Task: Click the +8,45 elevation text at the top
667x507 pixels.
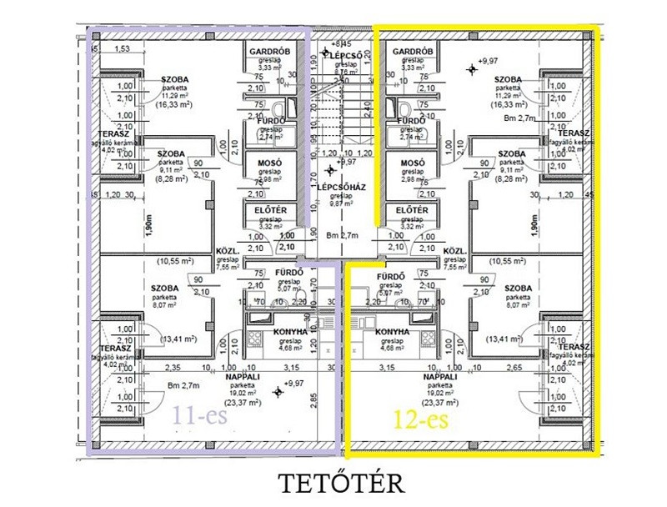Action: click(342, 43)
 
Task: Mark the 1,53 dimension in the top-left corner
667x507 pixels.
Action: click(123, 49)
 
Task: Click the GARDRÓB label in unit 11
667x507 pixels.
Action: click(268, 51)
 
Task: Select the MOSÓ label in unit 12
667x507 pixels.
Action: click(414, 162)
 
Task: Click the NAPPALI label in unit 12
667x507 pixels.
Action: click(441, 377)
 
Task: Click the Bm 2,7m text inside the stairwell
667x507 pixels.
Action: click(342, 235)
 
